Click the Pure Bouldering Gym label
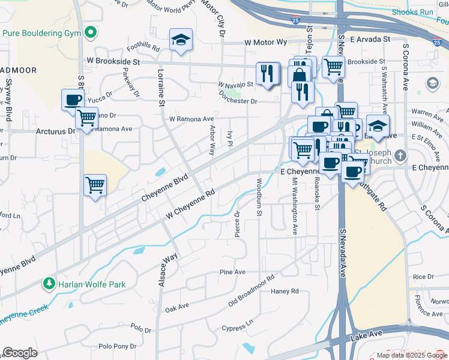[x=41, y=32]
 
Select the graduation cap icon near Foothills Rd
[x=181, y=40]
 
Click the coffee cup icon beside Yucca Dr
[x=73, y=100]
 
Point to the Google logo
[x=20, y=353]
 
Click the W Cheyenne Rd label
[x=191, y=204]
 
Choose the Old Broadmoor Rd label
[x=251, y=292]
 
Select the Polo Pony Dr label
[x=118, y=346]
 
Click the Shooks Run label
[x=412, y=11]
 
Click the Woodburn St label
[x=259, y=199]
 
